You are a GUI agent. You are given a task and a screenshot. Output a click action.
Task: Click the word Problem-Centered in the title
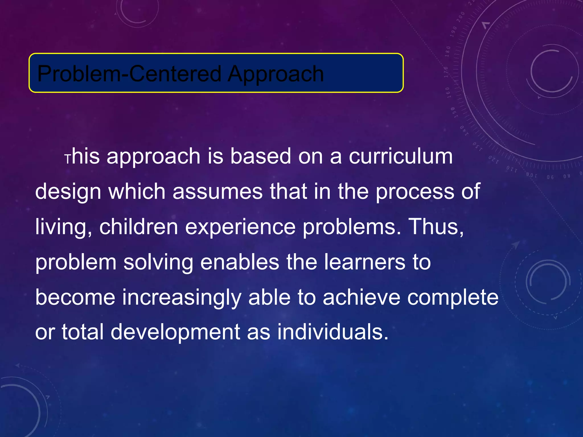(x=129, y=74)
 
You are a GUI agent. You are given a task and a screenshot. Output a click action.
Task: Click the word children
(x=138, y=227)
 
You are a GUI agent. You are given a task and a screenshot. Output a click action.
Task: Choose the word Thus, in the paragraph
(x=436, y=227)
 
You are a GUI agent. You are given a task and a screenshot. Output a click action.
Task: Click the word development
(x=175, y=332)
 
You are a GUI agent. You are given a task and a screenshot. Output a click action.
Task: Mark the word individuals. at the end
(x=333, y=332)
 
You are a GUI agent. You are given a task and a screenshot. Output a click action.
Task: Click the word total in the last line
(x=83, y=332)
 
